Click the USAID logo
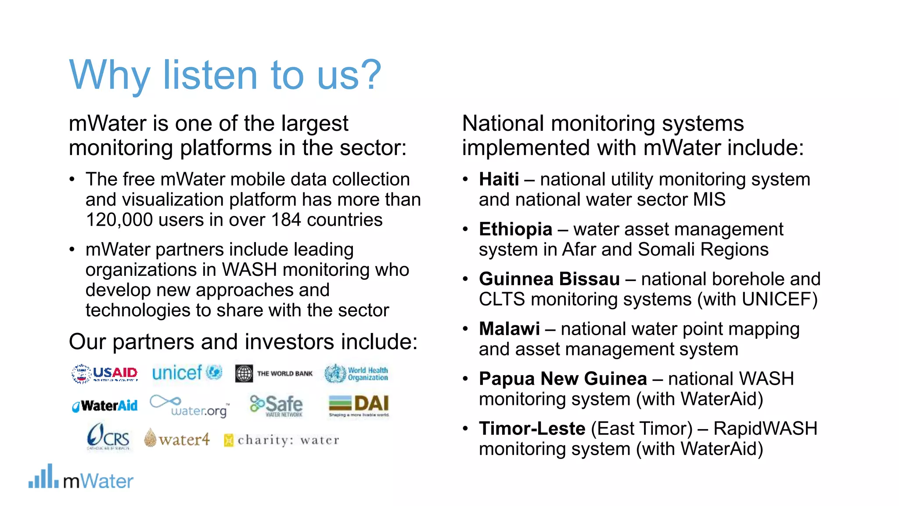pos(105,374)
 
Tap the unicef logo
pos(187,373)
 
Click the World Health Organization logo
pos(356,374)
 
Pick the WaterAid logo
pos(105,406)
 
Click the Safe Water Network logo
pos(277,405)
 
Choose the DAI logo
pos(359,405)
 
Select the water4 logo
pos(177,438)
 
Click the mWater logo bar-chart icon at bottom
pos(43,477)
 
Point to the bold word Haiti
pos(499,180)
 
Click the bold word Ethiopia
pos(515,229)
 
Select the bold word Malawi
pos(509,329)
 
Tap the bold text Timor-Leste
pos(532,429)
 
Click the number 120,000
pos(119,220)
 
